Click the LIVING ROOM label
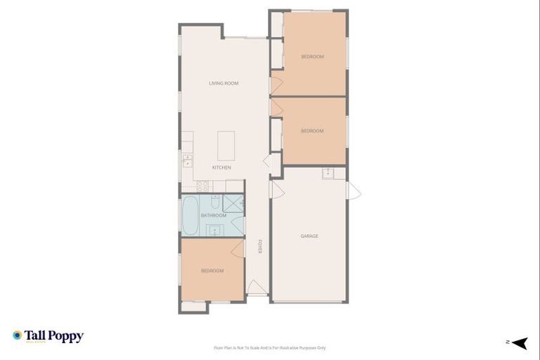(x=224, y=84)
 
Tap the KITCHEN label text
(x=221, y=167)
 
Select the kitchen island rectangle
(x=226, y=146)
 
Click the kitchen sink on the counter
(x=188, y=160)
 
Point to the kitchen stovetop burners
(x=202, y=186)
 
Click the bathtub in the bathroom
(x=190, y=215)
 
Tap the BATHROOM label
(x=213, y=215)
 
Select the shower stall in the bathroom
(x=231, y=202)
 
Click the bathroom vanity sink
(x=214, y=229)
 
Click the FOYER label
(x=259, y=247)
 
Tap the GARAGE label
(x=309, y=236)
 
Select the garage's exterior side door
(x=354, y=190)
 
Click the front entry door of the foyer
(x=257, y=288)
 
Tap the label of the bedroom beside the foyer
(x=212, y=271)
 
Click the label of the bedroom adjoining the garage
(x=312, y=131)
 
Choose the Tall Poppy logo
(x=48, y=336)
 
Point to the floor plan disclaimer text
(x=270, y=347)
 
